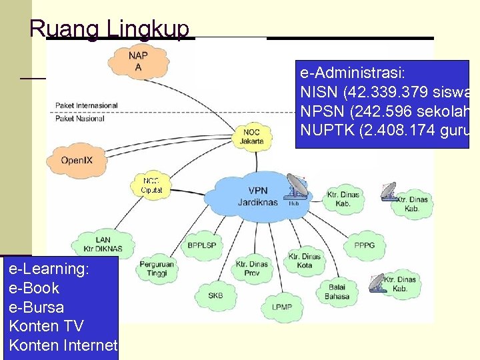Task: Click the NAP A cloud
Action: click(139, 62)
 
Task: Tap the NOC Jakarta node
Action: click(251, 136)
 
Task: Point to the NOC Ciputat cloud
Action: click(151, 185)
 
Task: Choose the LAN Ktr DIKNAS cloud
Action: click(103, 244)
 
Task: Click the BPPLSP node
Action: click(201, 245)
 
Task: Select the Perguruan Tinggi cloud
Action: click(157, 269)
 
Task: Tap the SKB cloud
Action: click(215, 295)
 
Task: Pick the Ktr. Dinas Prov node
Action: click(252, 269)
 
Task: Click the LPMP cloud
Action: click(281, 307)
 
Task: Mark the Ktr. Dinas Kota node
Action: click(304, 261)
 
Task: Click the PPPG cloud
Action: click(364, 245)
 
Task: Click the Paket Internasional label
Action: click(86, 105)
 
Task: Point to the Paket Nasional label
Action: click(80, 118)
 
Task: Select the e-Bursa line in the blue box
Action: click(37, 307)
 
